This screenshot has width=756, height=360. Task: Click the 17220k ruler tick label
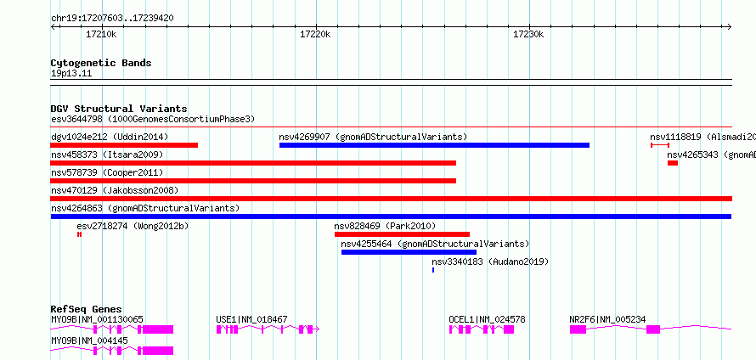coord(315,34)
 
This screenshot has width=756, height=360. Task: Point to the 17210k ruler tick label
coord(101,34)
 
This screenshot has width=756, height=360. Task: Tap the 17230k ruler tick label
coord(528,34)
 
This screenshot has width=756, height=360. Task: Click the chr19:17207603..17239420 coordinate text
coord(112,19)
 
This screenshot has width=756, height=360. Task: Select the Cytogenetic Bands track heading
coord(101,63)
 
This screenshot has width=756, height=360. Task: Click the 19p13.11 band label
coord(71,74)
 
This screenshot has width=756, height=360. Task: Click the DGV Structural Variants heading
coord(119,109)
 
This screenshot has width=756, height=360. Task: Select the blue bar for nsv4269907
coord(434,145)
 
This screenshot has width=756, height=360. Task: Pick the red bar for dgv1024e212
coord(124,145)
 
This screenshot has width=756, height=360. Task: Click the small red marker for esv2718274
coord(79,234)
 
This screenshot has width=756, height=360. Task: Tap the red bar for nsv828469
coord(402,234)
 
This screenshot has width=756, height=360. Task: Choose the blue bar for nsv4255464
coord(409,252)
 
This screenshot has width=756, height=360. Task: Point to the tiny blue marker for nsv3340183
coord(433,270)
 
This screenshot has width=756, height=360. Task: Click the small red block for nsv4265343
coord(673,163)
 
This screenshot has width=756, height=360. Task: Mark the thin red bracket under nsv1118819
coord(660,145)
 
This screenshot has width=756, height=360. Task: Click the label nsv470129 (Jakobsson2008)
coord(115,190)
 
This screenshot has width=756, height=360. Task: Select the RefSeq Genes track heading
coord(87,309)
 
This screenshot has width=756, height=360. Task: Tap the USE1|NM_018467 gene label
coord(251,319)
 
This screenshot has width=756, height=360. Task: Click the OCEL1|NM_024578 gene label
coord(487,319)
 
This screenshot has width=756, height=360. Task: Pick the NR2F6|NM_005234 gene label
coord(607,319)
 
